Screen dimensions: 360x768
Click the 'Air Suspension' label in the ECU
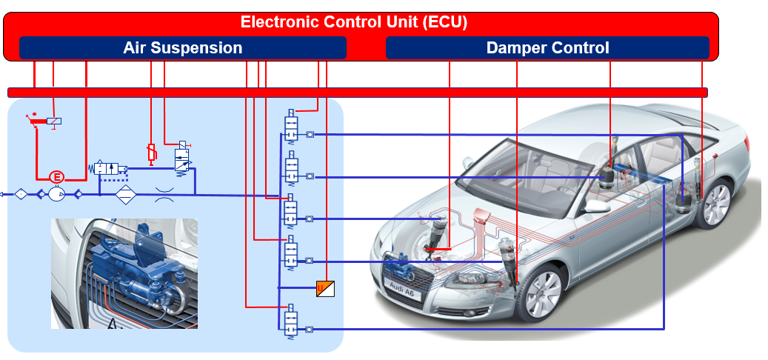coord(182,48)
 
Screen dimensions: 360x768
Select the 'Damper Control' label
coord(547,48)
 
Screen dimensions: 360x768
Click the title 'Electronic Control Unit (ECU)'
coord(354,22)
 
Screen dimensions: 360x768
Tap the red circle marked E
coord(56,177)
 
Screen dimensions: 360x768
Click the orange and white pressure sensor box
coord(325,288)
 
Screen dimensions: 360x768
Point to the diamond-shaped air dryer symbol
coord(126,194)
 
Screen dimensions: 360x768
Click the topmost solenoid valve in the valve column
coord(291,127)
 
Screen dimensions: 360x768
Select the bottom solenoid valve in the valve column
coord(291,321)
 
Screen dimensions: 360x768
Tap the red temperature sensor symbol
coord(151,153)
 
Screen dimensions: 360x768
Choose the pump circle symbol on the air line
coord(56,194)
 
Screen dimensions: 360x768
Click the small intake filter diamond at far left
coord(21,194)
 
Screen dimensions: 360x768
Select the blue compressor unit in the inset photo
coord(141,267)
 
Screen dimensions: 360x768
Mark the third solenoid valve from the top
coord(291,212)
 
